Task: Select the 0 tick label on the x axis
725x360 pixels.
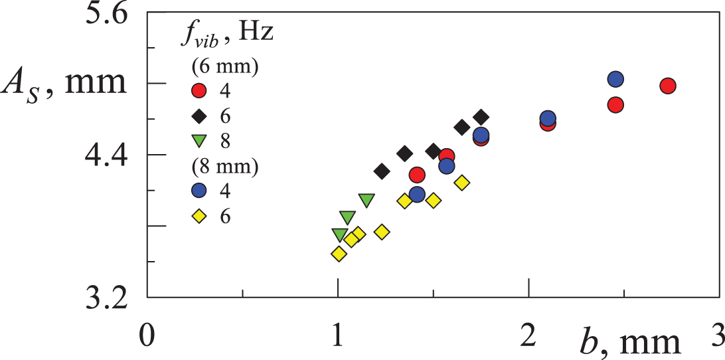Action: pyautogui.click(x=147, y=334)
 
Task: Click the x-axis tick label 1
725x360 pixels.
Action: pyautogui.click(x=338, y=334)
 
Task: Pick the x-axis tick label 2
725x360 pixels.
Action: pyautogui.click(x=528, y=334)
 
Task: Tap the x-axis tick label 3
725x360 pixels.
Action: pyautogui.click(x=716, y=334)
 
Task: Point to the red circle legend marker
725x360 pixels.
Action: pyautogui.click(x=199, y=90)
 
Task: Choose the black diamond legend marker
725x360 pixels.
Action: pyautogui.click(x=199, y=116)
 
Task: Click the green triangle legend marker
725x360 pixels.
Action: pyautogui.click(x=199, y=141)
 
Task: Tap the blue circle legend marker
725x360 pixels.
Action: pyautogui.click(x=199, y=191)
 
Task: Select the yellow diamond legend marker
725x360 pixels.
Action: pyautogui.click(x=199, y=216)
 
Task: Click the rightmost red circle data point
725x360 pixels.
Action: pyautogui.click(x=668, y=86)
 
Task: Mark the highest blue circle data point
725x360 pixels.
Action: pyautogui.click(x=615, y=80)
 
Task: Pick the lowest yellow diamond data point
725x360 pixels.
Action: pyautogui.click(x=339, y=254)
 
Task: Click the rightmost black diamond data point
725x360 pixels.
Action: pyautogui.click(x=481, y=118)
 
